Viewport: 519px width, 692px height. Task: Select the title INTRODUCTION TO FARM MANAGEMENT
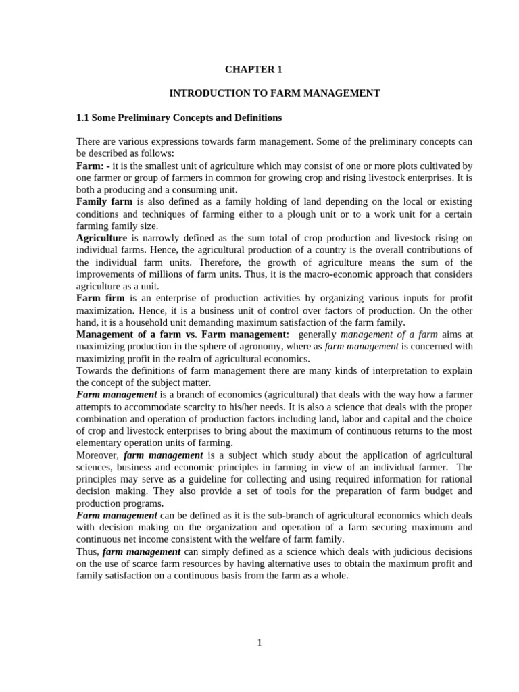pyautogui.click(x=274, y=93)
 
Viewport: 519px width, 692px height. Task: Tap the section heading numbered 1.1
pyautogui.click(x=179, y=118)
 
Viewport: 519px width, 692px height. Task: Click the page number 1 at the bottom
pyautogui.click(x=259, y=642)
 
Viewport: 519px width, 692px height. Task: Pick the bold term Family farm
pyautogui.click(x=105, y=202)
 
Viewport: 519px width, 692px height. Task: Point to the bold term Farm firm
pyautogui.click(x=102, y=298)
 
